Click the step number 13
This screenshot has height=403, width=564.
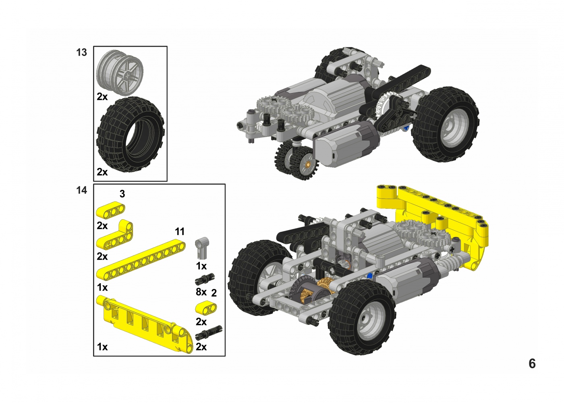coord(81,52)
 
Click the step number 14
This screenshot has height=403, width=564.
coord(81,190)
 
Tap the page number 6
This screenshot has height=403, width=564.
coord(532,364)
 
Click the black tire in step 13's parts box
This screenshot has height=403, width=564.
coord(130,134)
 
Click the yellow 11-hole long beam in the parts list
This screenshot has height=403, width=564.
coord(141,260)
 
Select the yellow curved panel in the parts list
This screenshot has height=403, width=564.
coord(145,325)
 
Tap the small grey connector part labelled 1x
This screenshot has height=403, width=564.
coord(202,247)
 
